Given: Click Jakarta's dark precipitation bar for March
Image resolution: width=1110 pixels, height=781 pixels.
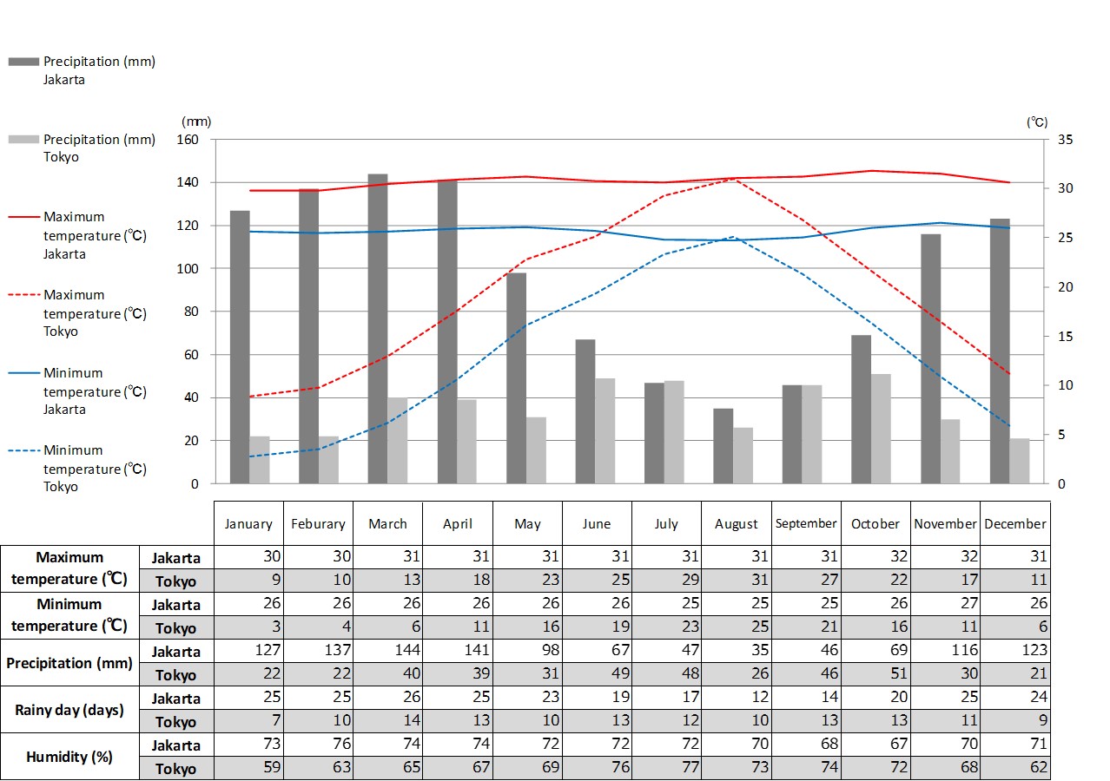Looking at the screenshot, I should [378, 330].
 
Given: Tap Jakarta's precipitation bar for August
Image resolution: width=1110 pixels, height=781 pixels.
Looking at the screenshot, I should [723, 446].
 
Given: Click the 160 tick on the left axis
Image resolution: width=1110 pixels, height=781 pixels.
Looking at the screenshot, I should [188, 140].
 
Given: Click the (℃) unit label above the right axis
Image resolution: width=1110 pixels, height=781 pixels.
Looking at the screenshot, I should [1037, 122].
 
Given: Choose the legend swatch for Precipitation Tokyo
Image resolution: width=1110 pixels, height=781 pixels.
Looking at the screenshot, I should [23, 139].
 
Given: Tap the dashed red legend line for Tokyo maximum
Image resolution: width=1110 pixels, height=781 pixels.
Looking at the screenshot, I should [23, 295].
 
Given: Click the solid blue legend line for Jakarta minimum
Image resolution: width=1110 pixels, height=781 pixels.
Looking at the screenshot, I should [23, 373].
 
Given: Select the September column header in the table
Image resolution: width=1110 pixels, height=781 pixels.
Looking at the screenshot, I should [806, 523].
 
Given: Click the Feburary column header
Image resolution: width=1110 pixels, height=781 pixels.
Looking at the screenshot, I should [318, 524].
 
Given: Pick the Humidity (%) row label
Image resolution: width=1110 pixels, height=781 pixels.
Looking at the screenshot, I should [69, 757].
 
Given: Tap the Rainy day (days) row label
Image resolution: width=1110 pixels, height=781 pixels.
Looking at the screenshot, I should [69, 710].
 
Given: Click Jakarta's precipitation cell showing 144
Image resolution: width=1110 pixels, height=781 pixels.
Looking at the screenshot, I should [387, 651].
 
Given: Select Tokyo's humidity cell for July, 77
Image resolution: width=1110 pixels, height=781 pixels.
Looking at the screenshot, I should [666, 768].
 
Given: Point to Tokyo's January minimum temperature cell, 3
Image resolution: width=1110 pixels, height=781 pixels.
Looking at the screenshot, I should [248, 627].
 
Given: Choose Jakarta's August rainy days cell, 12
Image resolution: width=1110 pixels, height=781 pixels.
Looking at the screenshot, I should [736, 698].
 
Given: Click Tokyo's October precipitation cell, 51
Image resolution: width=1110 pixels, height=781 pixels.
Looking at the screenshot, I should [875, 674].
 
